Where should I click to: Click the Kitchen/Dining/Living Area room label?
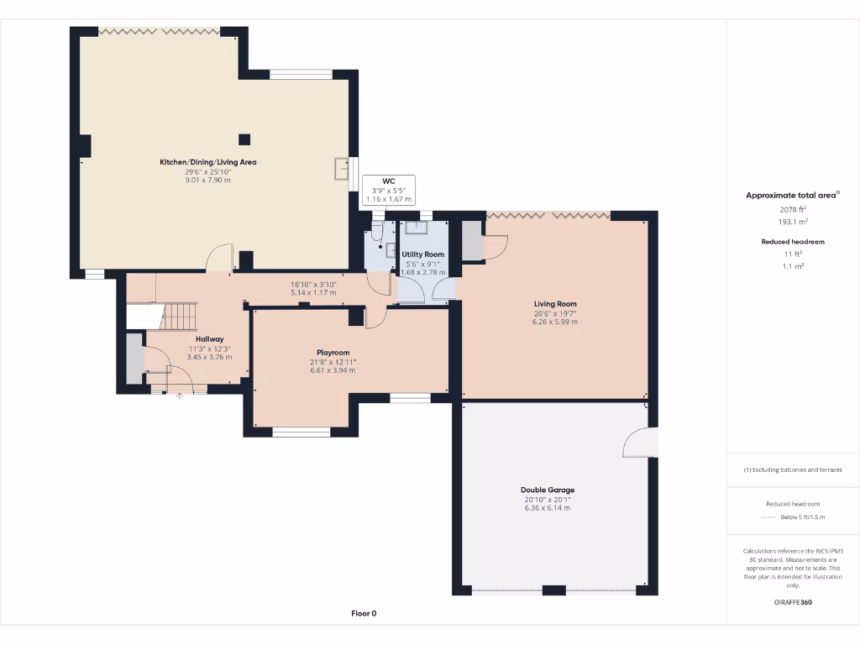click(x=208, y=162)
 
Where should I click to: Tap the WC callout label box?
click(x=388, y=190)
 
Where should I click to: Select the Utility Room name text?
click(x=422, y=254)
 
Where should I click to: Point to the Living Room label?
click(x=555, y=304)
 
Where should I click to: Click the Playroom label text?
click(x=333, y=353)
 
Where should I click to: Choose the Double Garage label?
click(x=548, y=490)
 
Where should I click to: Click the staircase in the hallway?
click(x=178, y=317)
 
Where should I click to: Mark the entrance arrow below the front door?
click(x=179, y=396)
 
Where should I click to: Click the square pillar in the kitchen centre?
click(x=244, y=139)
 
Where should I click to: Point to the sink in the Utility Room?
click(x=417, y=228)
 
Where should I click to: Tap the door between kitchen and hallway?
click(x=220, y=259)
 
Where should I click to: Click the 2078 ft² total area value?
click(x=793, y=209)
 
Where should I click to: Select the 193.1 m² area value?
click(x=793, y=222)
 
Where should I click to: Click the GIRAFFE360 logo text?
click(x=793, y=602)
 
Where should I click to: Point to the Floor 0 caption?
click(x=364, y=613)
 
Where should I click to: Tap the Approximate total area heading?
click(x=792, y=195)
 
